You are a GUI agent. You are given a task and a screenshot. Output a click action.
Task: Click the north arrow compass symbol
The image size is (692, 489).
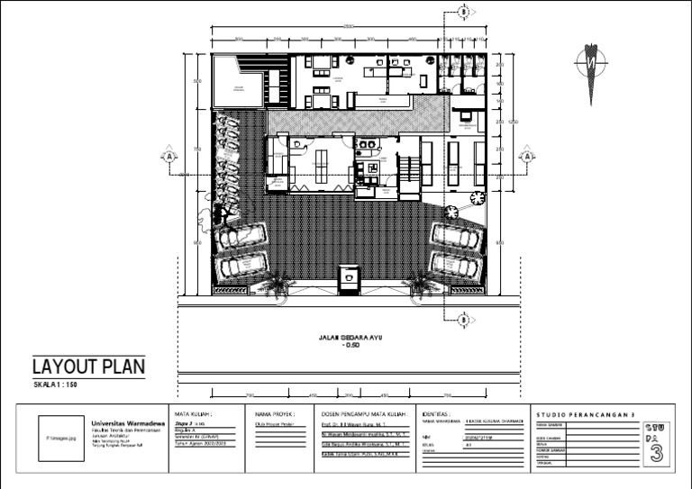tap(590, 68)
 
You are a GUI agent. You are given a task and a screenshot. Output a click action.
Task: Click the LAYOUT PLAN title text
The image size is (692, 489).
tap(88, 367)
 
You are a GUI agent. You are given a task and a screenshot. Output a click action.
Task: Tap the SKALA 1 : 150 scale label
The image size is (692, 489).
tap(57, 385)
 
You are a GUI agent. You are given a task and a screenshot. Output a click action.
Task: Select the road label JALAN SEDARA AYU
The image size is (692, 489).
tap(351, 338)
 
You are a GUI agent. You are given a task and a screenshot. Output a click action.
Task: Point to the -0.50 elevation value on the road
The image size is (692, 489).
tap(351, 346)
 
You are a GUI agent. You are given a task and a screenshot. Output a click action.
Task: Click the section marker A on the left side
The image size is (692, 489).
tap(168, 156)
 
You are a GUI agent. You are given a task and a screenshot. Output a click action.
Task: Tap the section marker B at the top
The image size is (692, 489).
tap(463, 12)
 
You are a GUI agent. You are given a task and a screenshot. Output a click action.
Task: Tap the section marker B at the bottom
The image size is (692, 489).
tap(463, 319)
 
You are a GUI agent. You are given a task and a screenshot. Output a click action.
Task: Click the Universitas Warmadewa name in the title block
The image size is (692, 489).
tap(126, 421)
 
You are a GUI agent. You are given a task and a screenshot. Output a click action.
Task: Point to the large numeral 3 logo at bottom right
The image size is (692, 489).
tap(656, 453)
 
